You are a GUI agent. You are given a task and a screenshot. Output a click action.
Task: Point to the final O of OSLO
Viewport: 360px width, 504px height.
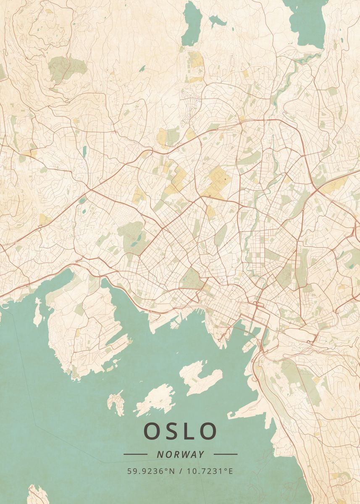point(208,431)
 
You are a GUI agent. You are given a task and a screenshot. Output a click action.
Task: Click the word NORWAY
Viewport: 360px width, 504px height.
point(181,454)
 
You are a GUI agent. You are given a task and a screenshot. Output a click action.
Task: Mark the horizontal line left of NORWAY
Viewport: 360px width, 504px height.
point(135,454)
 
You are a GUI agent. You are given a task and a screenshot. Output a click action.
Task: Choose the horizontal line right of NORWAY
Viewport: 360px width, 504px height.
point(226,454)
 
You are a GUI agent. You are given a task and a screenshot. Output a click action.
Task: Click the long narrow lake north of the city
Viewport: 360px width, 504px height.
point(192,24)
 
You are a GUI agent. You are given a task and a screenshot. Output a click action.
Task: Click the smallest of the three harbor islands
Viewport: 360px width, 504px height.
point(116,402)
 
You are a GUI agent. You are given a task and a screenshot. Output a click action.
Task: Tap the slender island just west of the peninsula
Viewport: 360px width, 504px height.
point(38,313)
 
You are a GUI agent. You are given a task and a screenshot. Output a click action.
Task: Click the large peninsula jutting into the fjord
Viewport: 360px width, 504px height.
point(84,328)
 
